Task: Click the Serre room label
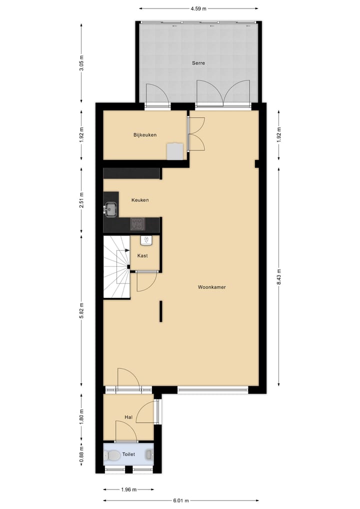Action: pos(198,63)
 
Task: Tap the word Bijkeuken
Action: pos(145,135)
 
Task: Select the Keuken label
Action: pos(140,200)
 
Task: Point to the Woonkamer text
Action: pos(211,287)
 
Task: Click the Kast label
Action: pos(142,255)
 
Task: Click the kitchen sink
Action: pos(110,208)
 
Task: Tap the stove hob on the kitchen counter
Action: pos(138,224)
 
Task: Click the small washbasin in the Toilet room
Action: pos(149,454)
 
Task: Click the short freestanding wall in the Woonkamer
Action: pos(161,311)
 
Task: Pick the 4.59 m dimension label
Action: pos(198,8)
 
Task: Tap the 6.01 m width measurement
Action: pos(181,499)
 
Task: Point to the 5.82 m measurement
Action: pos(81,310)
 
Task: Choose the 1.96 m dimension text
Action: pos(128,489)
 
